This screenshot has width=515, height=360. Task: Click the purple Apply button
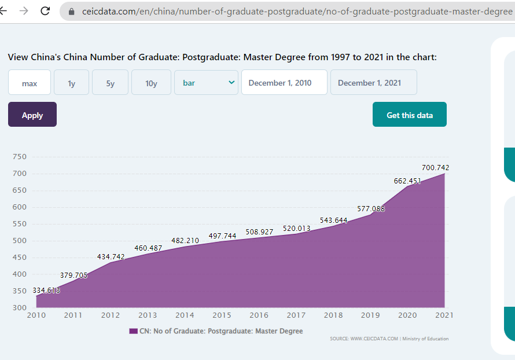click(32, 115)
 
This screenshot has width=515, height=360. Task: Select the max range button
click(30, 83)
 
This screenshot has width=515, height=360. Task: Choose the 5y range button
click(110, 83)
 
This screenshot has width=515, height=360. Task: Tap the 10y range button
click(151, 83)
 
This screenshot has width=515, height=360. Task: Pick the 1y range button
click(71, 83)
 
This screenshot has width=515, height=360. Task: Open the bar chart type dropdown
click(206, 82)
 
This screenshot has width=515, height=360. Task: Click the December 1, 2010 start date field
click(284, 83)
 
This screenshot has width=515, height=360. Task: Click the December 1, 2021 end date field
click(373, 83)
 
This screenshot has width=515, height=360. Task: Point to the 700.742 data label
click(435, 168)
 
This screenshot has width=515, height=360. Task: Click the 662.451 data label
click(407, 181)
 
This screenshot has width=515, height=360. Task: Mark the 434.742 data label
click(111, 256)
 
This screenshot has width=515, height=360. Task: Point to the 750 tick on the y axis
click(19, 157)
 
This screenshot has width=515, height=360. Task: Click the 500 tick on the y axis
click(19, 241)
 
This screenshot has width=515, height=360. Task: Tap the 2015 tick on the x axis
click(222, 315)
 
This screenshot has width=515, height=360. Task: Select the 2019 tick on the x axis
click(370, 315)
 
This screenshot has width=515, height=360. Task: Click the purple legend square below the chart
click(134, 331)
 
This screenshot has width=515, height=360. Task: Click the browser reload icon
click(45, 10)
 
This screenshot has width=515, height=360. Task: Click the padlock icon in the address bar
click(72, 11)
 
